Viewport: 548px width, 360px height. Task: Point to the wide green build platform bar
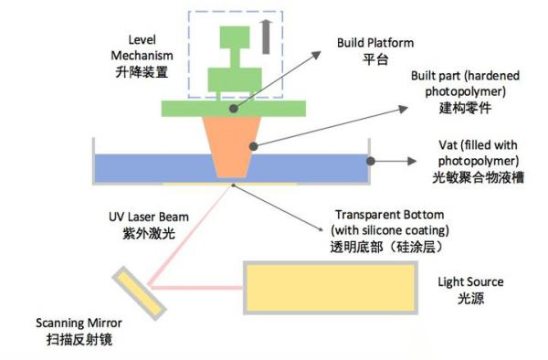[233, 107]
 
